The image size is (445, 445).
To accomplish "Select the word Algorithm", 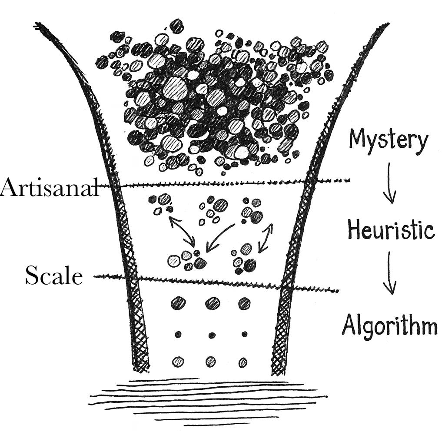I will point(389,325).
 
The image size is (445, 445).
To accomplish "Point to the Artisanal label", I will point(49,188).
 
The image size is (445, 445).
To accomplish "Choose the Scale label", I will point(53,276).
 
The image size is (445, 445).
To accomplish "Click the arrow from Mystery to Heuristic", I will point(389,183).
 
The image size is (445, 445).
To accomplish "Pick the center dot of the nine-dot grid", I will point(212,335).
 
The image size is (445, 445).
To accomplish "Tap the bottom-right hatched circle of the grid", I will point(243,362).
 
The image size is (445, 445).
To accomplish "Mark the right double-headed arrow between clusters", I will point(266,238).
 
